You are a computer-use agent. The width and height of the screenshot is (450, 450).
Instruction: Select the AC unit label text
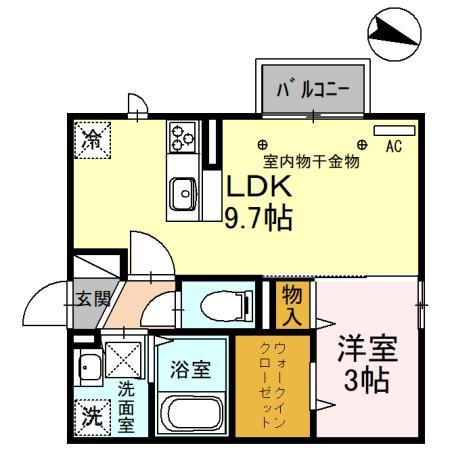(393, 147)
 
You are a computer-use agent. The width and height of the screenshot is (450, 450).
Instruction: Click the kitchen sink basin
(183, 191)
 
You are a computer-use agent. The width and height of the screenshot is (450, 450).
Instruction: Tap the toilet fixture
(219, 304)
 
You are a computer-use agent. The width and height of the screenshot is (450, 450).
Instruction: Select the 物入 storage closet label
(292, 304)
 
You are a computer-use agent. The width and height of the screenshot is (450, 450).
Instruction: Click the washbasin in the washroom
(88, 367)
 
